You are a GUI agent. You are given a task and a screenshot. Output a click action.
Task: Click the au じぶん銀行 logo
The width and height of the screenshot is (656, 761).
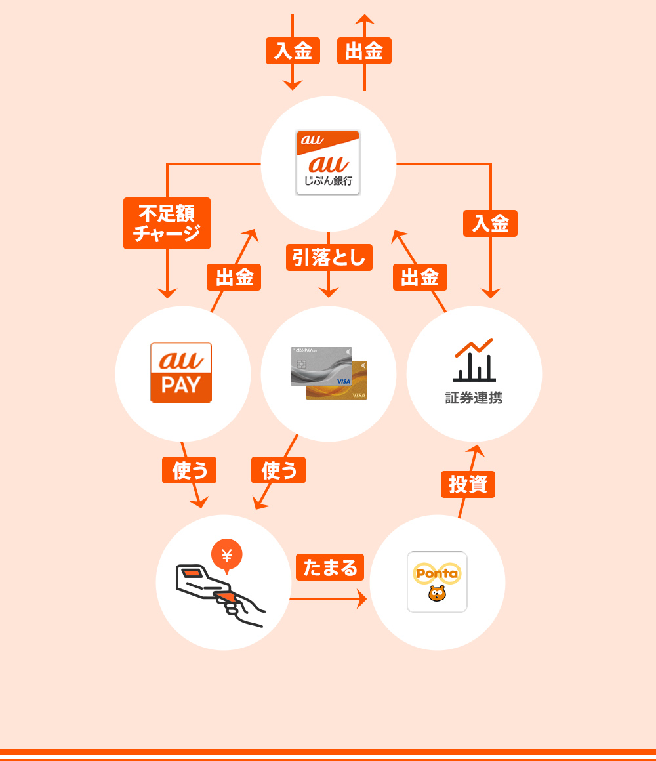(x=328, y=163)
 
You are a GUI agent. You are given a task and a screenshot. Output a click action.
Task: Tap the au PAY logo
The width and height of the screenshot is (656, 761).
(x=181, y=372)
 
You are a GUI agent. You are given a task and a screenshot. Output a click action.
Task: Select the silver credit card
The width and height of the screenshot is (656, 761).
(x=321, y=365)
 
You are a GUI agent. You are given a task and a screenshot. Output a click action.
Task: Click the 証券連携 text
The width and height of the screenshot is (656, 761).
(x=474, y=398)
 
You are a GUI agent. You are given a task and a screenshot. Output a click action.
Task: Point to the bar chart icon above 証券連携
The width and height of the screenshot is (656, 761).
(x=474, y=360)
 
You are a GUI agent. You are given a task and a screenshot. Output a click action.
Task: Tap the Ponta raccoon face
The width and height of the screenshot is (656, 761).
(x=437, y=594)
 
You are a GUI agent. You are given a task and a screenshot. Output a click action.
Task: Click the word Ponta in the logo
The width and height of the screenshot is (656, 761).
(x=437, y=573)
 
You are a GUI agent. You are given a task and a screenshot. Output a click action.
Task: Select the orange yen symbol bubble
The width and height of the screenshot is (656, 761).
(x=227, y=555)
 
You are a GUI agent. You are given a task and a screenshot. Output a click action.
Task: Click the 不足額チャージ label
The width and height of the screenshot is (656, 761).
(x=167, y=223)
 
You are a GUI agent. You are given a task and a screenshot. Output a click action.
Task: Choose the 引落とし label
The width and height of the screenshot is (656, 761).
(x=329, y=257)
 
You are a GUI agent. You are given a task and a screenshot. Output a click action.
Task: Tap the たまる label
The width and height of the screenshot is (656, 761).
(x=330, y=567)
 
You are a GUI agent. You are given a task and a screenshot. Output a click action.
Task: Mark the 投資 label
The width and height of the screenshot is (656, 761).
(x=468, y=484)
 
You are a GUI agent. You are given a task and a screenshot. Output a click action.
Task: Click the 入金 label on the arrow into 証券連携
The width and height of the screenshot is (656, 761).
(x=490, y=223)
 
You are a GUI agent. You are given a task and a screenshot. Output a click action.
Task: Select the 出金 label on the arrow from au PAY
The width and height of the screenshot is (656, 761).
(x=234, y=277)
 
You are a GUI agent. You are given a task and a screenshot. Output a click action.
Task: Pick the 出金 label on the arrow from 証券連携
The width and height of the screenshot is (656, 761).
(x=420, y=277)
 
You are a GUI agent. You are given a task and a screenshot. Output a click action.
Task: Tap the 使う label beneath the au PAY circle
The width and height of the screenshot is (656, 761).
(x=189, y=470)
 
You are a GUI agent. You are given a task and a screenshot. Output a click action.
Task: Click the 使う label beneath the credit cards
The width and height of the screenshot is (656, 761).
(x=278, y=470)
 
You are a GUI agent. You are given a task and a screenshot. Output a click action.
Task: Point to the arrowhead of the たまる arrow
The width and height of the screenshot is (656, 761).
(x=362, y=599)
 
